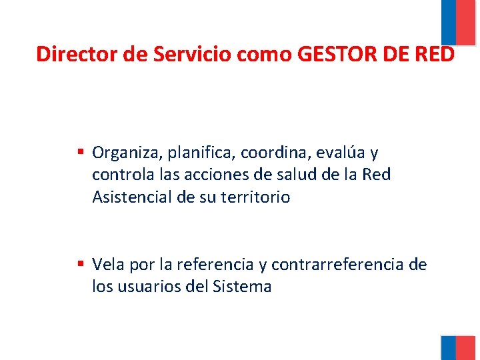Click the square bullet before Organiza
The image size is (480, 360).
[x=81, y=153]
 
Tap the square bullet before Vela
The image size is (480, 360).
[x=81, y=264]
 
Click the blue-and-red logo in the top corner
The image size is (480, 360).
[x=458, y=22]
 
